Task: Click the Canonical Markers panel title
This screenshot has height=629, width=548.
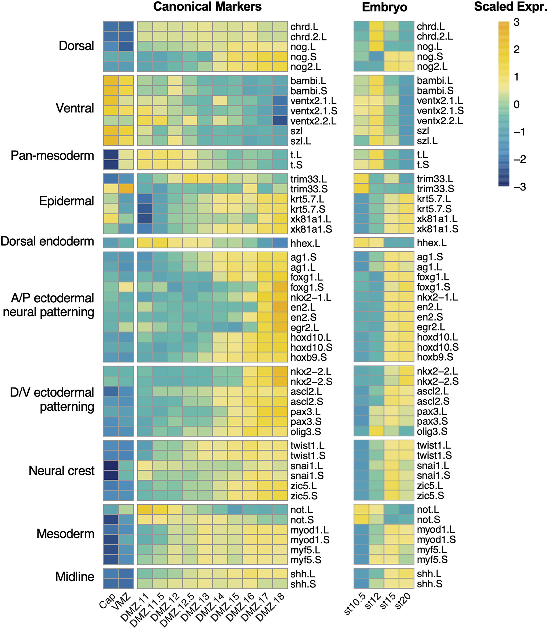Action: [x=207, y=7]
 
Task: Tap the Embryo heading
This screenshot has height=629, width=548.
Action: [x=384, y=7]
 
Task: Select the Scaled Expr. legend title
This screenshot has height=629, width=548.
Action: [x=510, y=7]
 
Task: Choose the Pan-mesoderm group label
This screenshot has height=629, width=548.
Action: [x=52, y=156]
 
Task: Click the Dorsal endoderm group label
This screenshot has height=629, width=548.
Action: [x=47, y=242]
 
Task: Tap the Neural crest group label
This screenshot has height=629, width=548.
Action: [x=62, y=471]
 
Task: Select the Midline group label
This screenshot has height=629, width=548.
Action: [x=75, y=577]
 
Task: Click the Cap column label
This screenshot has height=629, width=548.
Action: [x=108, y=601]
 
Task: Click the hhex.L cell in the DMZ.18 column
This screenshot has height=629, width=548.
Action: [x=280, y=243]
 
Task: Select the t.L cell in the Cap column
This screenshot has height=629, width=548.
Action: [x=111, y=155]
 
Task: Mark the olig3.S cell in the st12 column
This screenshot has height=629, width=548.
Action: [x=376, y=431]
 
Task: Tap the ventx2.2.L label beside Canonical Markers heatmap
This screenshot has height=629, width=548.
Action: [x=313, y=121]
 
